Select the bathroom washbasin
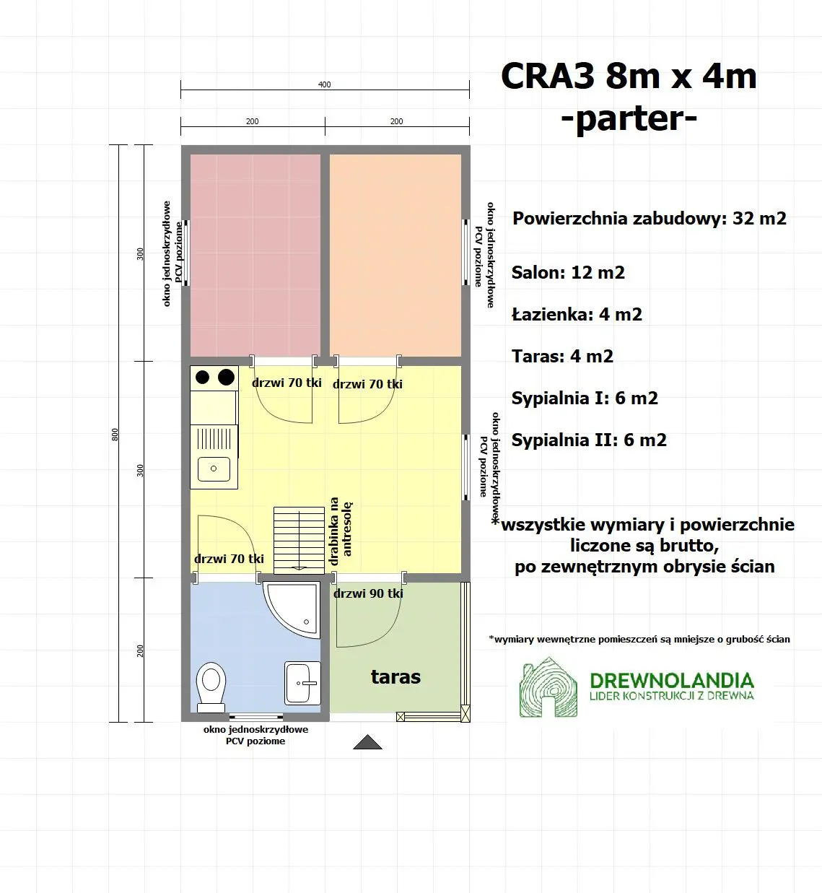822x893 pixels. point(302,683)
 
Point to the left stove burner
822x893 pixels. point(203,377)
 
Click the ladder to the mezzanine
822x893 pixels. point(299,540)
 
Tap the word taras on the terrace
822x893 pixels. point(395,677)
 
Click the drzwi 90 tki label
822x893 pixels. point(368,593)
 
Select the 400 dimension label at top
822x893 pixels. point(325,84)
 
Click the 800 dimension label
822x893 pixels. point(115,434)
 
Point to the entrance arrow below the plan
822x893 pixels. point(367,742)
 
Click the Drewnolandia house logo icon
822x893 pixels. point(548,687)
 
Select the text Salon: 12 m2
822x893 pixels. point(568,273)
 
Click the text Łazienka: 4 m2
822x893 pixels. point(577,315)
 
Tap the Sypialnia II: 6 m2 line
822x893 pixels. point(589,440)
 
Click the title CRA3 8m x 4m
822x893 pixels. point(629,77)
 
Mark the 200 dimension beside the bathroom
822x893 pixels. point(140,650)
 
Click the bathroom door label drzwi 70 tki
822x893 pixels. point(229,559)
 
